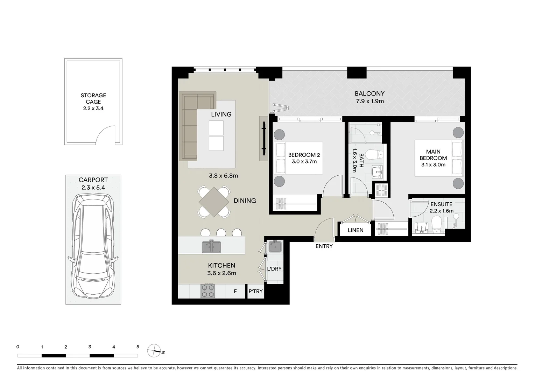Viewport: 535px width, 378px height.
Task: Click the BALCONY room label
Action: [369, 94]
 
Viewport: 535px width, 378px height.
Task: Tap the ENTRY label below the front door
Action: [324, 246]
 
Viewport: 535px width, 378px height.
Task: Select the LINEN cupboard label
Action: [356, 230]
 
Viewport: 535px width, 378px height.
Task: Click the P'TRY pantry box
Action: [255, 292]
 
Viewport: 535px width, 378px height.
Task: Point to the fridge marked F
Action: [235, 292]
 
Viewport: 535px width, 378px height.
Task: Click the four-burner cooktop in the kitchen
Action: [207, 291]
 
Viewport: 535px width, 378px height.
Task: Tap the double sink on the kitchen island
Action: [211, 247]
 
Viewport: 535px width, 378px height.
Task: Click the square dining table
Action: [214, 202]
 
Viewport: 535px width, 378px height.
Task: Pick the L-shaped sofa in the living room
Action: [191, 121]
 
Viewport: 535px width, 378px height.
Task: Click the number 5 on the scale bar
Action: [138, 347]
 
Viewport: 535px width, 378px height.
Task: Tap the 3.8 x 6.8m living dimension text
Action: [223, 176]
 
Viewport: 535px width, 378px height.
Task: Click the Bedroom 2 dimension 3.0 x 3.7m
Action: [304, 162]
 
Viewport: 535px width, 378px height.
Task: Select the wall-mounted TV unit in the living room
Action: [263, 138]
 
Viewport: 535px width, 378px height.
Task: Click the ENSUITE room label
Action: [441, 204]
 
